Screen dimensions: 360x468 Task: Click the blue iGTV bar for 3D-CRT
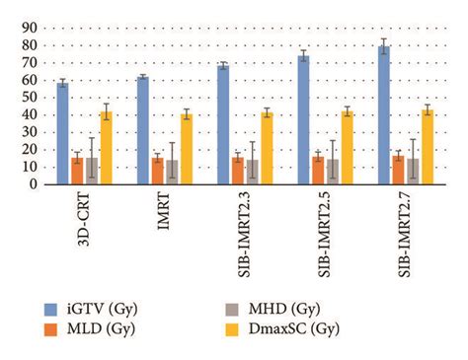[x=62, y=133]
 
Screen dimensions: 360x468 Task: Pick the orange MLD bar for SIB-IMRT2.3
[x=237, y=170]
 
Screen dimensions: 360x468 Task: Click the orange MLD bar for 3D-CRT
[x=77, y=170]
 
